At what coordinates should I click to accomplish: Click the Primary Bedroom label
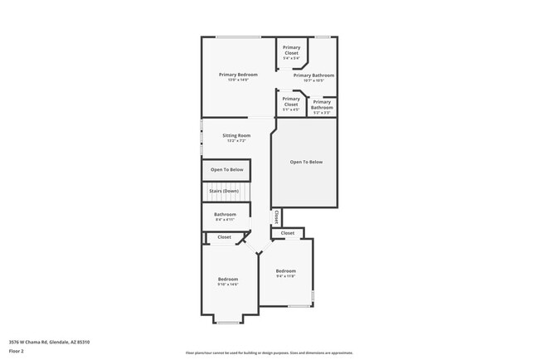pyautogui.click(x=238, y=75)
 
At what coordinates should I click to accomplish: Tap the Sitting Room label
pyautogui.click(x=236, y=135)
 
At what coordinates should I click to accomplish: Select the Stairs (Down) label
pyautogui.click(x=225, y=192)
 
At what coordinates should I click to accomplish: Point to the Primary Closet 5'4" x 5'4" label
pyautogui.click(x=291, y=51)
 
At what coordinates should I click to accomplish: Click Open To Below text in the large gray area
pyautogui.click(x=306, y=162)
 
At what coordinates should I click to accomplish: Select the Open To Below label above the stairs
pyautogui.click(x=226, y=169)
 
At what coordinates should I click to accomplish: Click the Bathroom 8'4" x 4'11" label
pyautogui.click(x=225, y=216)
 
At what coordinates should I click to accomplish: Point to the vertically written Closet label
pyautogui.click(x=275, y=216)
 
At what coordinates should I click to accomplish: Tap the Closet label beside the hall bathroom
pyautogui.click(x=225, y=237)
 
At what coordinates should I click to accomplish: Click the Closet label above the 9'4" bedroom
pyautogui.click(x=288, y=233)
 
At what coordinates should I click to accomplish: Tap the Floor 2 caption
pyautogui.click(x=17, y=351)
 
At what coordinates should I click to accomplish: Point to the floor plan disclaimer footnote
pyautogui.click(x=269, y=353)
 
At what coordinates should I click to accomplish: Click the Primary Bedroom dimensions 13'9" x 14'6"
pyautogui.click(x=238, y=80)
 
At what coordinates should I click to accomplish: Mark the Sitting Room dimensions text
pyautogui.click(x=236, y=141)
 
